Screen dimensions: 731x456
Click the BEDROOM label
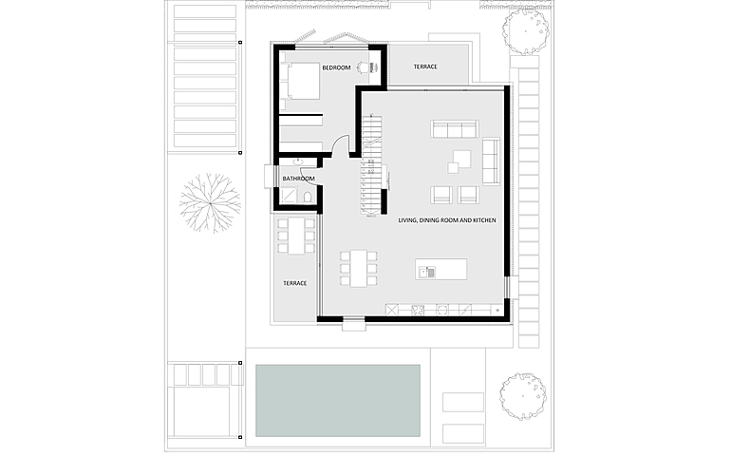pyautogui.click(x=336, y=67)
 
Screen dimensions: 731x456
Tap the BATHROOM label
pyautogui.click(x=298, y=179)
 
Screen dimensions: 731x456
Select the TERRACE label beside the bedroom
pyautogui.click(x=425, y=66)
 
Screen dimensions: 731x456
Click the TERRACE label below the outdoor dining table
pyautogui.click(x=295, y=283)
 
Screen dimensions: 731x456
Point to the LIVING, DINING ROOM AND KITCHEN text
pyautogui.click(x=447, y=219)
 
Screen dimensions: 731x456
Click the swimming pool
pyautogui.click(x=338, y=401)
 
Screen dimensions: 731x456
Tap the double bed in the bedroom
pyautogui.click(x=301, y=81)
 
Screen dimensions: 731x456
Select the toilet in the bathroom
pyautogui.click(x=308, y=197)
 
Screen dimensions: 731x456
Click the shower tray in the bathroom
pyautogui.click(x=290, y=195)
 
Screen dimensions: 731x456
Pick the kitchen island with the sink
pyautogui.click(x=441, y=269)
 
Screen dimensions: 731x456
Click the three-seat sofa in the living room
pyautogui.click(x=455, y=129)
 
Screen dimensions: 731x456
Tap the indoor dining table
pyautogui.click(x=359, y=268)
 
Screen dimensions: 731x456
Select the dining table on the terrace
pyautogui.click(x=296, y=236)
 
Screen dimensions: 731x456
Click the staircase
pyautogui.click(x=371, y=164)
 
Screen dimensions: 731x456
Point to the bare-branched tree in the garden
pyautogui.click(x=210, y=203)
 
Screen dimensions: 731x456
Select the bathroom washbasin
pyautogui.click(x=298, y=161)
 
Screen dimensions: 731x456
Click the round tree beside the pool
pyautogui.click(x=522, y=396)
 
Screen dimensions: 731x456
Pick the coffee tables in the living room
pyautogui.click(x=459, y=161)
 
